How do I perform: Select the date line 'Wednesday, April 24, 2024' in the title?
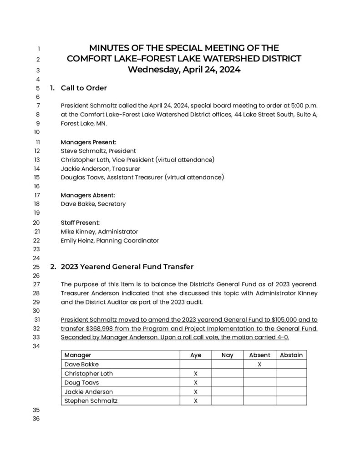[184, 70]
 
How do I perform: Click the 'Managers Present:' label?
[88, 142]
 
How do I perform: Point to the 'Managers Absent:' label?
[88, 195]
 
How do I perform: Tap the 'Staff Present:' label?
[80, 223]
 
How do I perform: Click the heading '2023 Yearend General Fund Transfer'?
[127, 266]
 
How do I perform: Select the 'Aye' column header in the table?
[196, 355]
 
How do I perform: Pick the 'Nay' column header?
[227, 355]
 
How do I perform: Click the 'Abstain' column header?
[291, 355]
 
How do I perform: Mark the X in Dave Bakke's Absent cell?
[259, 365]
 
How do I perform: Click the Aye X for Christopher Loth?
[196, 374]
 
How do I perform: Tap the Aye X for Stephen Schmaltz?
[196, 401]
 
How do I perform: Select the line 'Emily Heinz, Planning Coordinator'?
[110, 240]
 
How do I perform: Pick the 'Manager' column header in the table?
[78, 355]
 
